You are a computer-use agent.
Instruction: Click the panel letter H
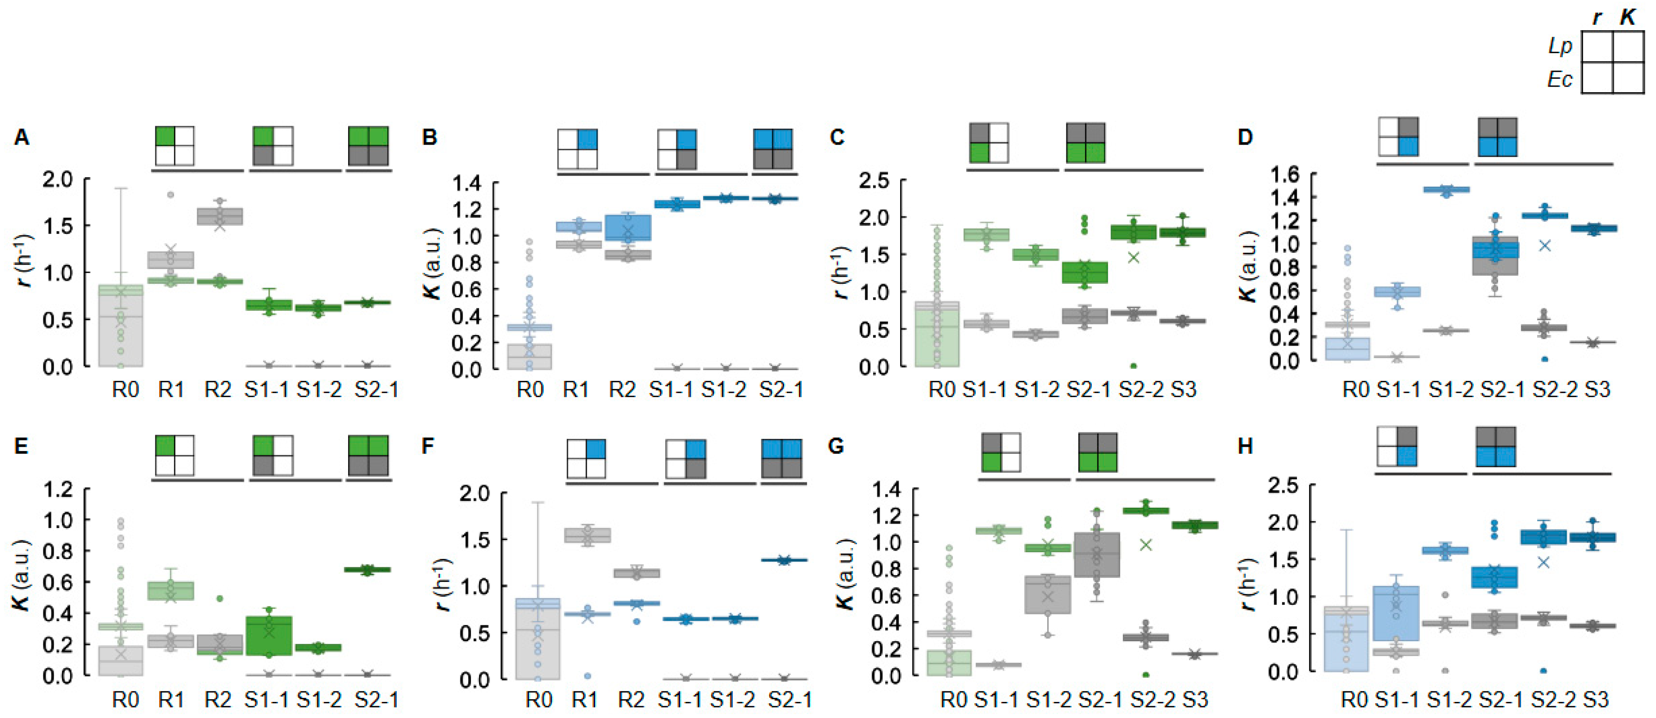click(1245, 446)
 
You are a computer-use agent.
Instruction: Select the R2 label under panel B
click(622, 390)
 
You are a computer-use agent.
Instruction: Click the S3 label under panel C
click(1184, 390)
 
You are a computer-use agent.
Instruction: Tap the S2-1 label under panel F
click(790, 699)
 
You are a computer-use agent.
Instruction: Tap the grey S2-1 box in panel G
click(1097, 554)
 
